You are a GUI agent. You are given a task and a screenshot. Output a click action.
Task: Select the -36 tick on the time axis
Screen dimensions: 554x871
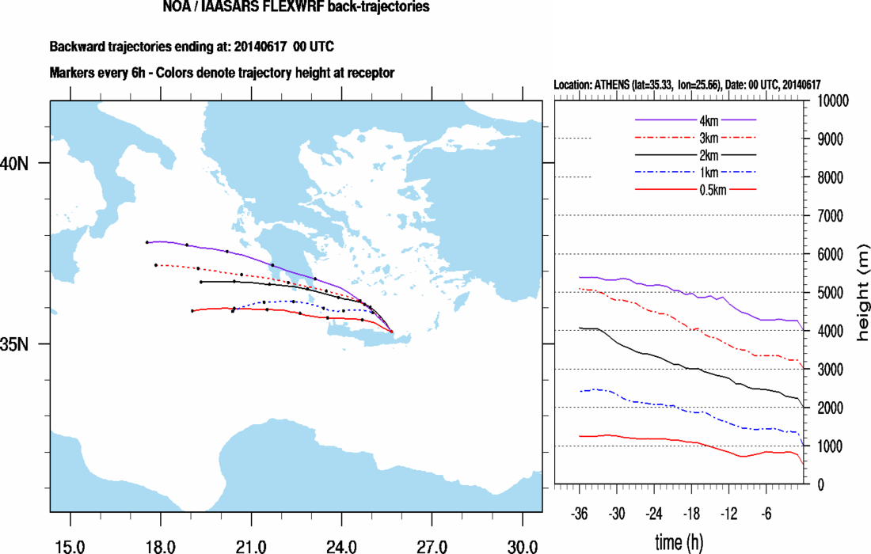click(580, 514)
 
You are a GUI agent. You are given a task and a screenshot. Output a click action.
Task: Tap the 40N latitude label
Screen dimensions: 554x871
click(16, 162)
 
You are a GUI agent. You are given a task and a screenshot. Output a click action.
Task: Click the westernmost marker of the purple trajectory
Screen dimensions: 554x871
click(147, 242)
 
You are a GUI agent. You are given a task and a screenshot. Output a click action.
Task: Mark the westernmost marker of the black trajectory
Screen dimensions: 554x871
click(201, 282)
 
